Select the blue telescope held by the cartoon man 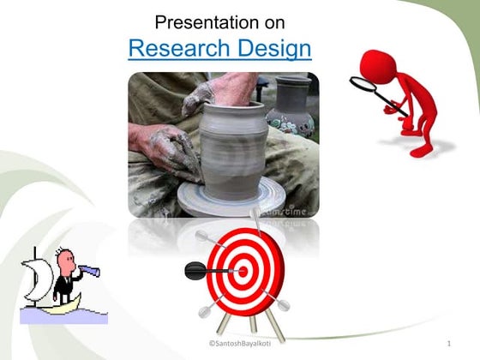click(88, 273)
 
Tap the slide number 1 click(448, 345)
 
